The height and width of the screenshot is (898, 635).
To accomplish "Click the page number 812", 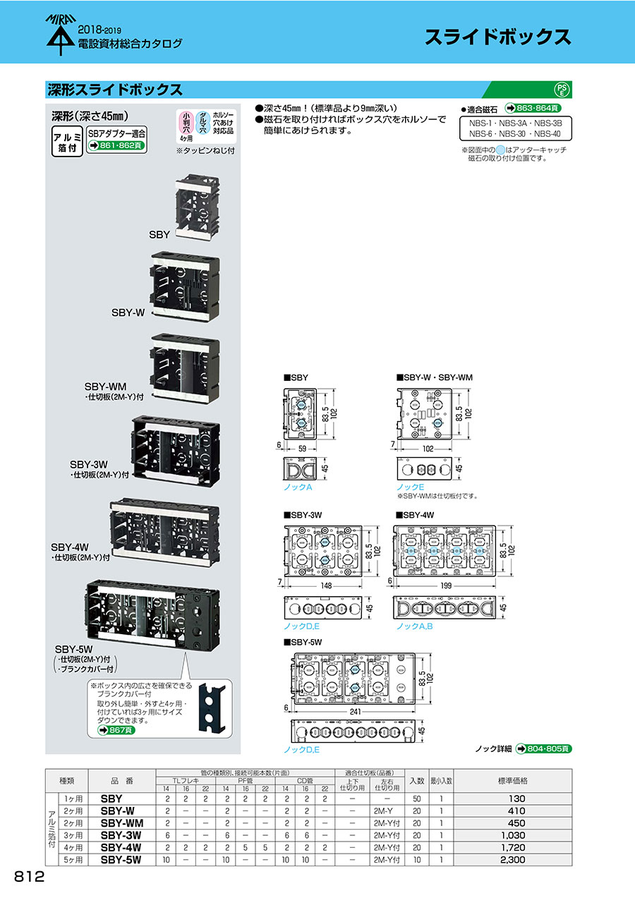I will tap(29, 877).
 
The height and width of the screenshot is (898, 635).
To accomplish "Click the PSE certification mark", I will tap(562, 89).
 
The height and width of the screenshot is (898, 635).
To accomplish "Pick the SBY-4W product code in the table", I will tap(121, 847).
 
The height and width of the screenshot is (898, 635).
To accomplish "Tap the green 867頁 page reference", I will tap(116, 731).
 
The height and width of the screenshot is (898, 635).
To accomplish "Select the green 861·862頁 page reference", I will tap(116, 146).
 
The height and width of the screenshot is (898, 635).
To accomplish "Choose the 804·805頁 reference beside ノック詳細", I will tap(543, 748).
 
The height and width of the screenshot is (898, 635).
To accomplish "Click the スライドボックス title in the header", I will tap(497, 37).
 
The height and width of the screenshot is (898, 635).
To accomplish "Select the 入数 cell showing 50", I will tap(416, 799).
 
